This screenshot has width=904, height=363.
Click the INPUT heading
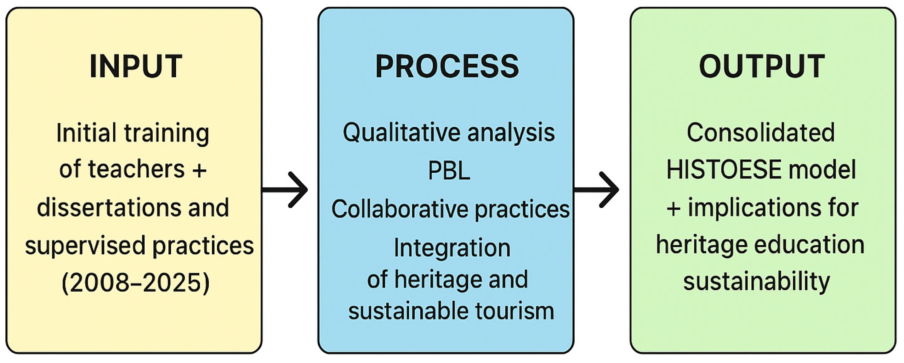point(135,66)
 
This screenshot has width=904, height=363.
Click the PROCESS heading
point(447,66)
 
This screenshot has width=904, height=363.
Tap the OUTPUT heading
point(762,66)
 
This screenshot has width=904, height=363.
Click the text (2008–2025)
point(135,283)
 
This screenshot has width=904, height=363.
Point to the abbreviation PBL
point(449,171)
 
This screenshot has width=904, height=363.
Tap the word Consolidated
point(760,133)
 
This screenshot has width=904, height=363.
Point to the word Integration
point(452,248)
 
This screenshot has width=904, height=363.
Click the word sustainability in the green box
point(756,282)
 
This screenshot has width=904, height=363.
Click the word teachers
point(136,170)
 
